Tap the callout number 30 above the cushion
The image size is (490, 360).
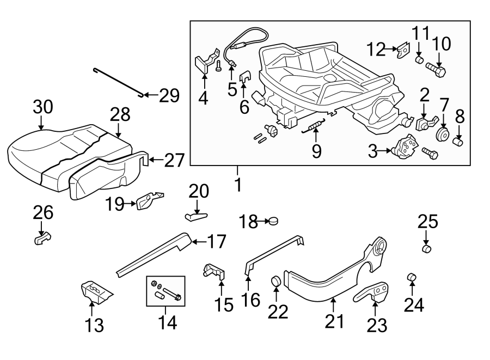[42, 107]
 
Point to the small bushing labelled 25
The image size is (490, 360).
[427, 249]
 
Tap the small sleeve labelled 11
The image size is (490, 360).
[420, 58]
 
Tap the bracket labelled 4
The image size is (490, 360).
[203, 63]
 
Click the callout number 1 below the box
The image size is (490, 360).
[237, 185]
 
